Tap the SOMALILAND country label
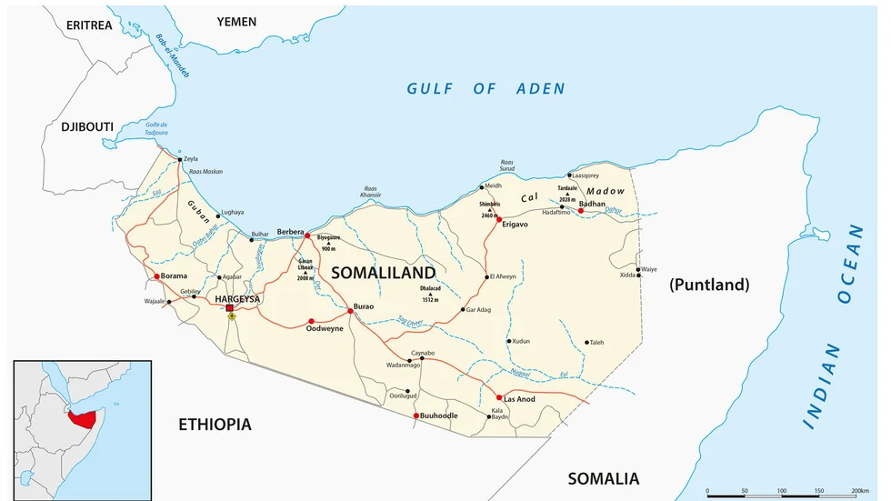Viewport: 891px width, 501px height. tap(383, 273)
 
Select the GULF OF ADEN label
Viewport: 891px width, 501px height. tap(486, 88)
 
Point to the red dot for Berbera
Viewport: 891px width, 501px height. tap(307, 235)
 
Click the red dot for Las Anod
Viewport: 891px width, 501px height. tap(499, 397)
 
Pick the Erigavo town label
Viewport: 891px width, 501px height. tap(516, 224)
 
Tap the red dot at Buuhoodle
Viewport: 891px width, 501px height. tap(416, 416)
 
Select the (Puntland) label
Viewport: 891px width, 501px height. tap(709, 285)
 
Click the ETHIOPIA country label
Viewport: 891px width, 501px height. tap(215, 425)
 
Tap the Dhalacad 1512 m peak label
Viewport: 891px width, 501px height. tap(430, 294)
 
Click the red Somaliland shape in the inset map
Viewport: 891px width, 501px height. tap(86, 419)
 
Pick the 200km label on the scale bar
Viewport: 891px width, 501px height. tap(860, 491)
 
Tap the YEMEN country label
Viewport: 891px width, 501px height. tap(235, 21)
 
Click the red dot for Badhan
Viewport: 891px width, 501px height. tap(581, 211)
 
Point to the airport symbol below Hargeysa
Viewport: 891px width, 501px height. tap(231, 317)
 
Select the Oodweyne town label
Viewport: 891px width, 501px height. tap(325, 329)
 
